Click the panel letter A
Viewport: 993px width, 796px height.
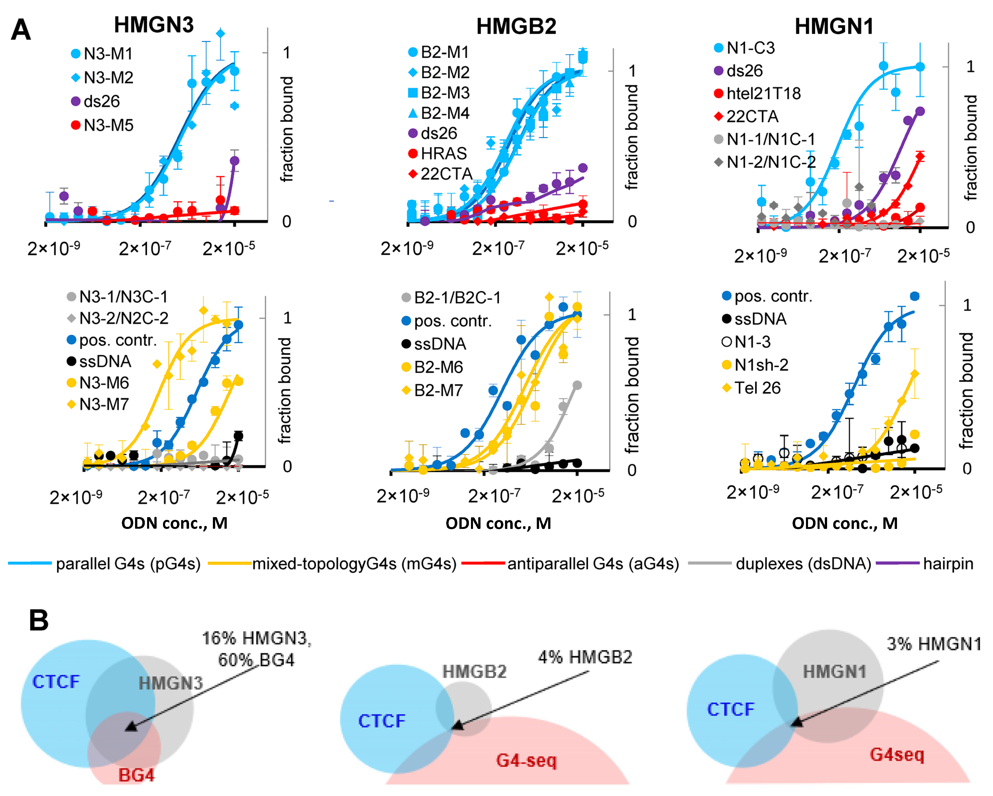tap(21, 30)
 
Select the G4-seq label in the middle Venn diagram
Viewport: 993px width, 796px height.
tap(526, 760)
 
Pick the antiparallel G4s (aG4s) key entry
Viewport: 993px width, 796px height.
tap(593, 563)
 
